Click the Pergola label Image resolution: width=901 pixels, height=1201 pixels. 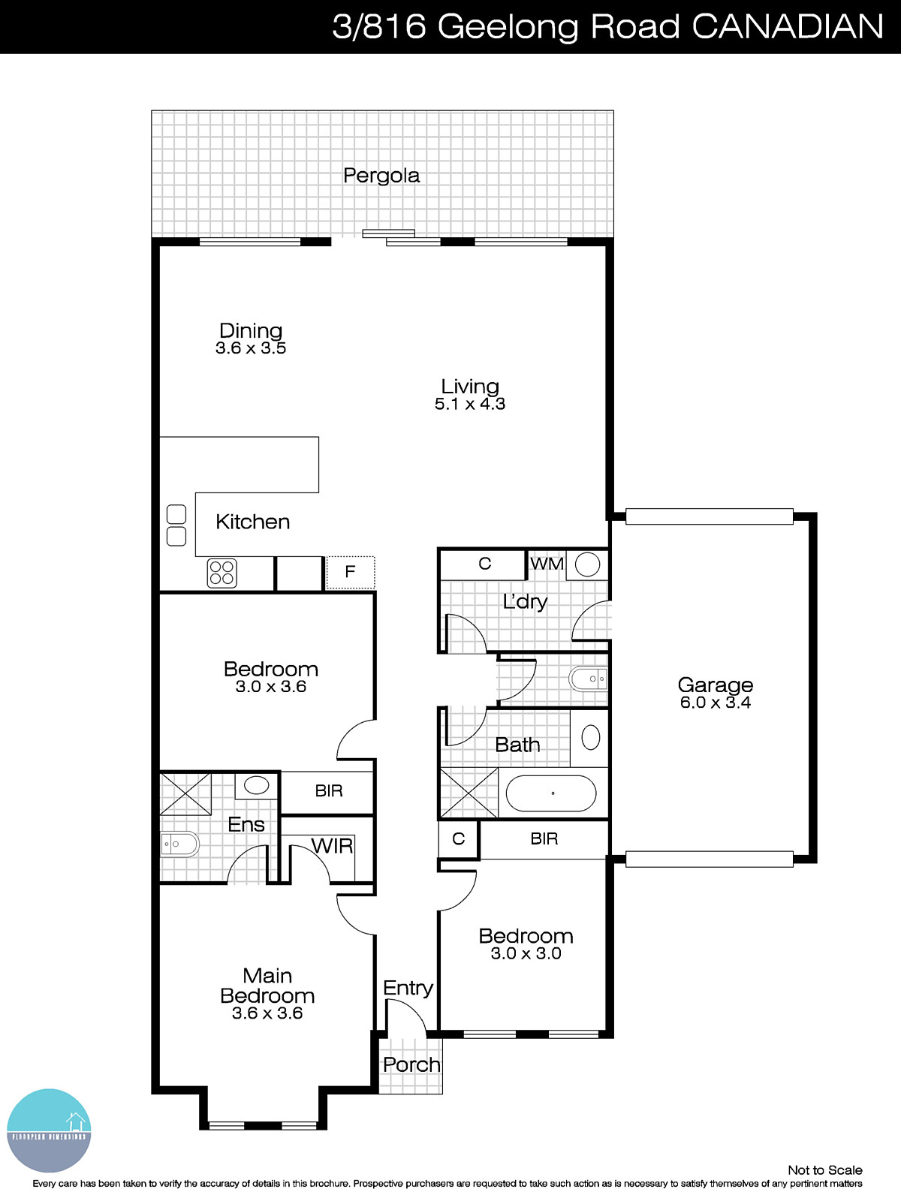(381, 176)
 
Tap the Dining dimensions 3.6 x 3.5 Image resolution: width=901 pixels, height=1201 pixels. (251, 348)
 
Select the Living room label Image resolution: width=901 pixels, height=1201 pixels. (470, 387)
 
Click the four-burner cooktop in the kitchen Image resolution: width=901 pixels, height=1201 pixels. (222, 573)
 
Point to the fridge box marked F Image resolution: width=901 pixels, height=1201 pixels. (350, 572)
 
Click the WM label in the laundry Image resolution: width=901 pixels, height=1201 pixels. (547, 564)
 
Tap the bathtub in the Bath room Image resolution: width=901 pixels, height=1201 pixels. (552, 793)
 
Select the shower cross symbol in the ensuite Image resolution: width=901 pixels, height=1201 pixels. (185, 794)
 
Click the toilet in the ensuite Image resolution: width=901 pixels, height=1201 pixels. (179, 844)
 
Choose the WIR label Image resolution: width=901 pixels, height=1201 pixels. (332, 847)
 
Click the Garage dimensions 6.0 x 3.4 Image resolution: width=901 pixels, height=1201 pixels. (716, 703)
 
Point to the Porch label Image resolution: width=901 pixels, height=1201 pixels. (411, 1065)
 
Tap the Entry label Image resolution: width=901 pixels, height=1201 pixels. (408, 989)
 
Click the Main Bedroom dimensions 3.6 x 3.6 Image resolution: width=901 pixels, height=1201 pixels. (267, 1014)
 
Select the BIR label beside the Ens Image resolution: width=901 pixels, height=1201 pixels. (329, 791)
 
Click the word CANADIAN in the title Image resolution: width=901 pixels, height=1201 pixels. (787, 27)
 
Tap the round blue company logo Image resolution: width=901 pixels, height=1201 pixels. (49, 1130)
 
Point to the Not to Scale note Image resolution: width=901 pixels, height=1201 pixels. (824, 1170)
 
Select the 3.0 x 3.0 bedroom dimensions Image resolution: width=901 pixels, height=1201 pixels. (526, 954)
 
